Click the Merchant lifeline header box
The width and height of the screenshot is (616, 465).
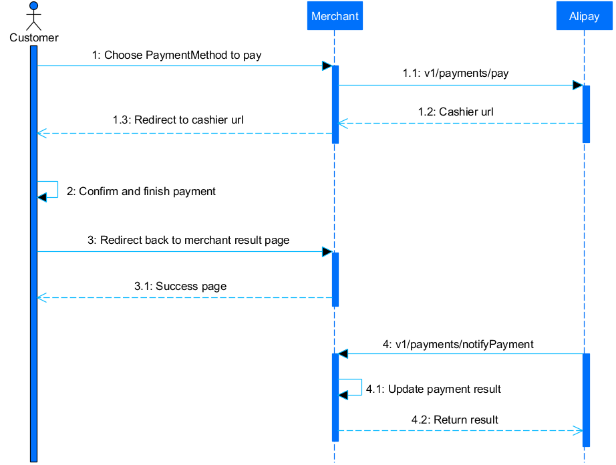335,16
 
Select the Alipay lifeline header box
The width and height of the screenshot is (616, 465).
584,16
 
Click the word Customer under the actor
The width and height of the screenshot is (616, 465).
33,37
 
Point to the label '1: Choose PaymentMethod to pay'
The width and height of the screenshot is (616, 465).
176,55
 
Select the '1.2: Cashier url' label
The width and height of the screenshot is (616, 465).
456,112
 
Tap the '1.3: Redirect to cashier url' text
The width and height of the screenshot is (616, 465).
178,120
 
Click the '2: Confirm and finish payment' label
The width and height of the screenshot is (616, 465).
141,191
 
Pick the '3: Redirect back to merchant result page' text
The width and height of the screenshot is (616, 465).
188,240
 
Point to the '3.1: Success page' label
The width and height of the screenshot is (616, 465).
180,286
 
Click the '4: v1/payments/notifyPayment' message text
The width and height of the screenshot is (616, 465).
458,344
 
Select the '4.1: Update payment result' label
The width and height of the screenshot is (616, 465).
434,389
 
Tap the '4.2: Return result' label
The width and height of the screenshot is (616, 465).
455,420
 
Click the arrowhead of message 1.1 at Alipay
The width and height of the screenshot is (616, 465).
577,86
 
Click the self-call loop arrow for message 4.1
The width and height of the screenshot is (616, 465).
351,387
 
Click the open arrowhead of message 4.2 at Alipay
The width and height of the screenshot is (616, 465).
579,430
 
